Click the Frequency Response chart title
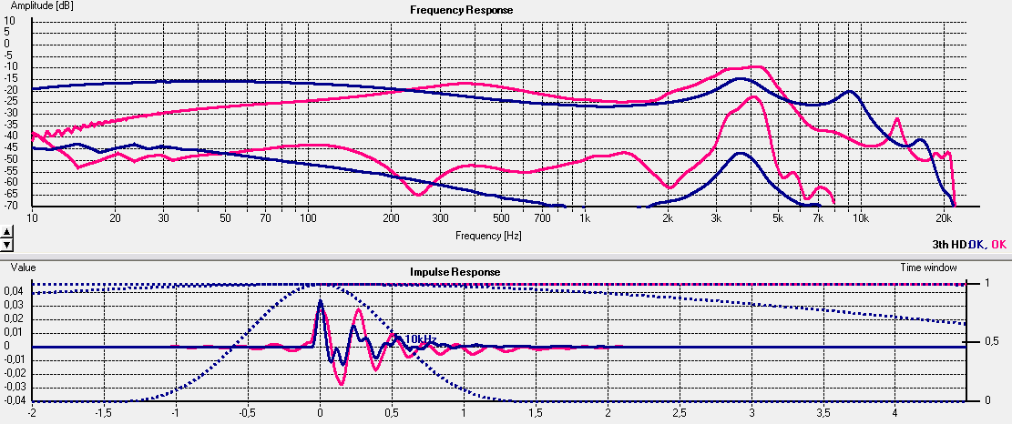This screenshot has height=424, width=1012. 461,10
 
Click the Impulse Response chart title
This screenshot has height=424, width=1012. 455,271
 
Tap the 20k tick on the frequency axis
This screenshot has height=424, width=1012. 945,218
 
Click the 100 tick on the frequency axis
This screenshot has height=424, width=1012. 307,218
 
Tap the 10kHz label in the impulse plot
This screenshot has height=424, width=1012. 420,338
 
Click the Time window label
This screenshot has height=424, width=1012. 927,268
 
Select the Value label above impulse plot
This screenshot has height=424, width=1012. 23,268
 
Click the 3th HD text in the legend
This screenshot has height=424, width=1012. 947,244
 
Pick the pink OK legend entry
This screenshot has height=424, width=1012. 998,244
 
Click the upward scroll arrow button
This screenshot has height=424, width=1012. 7,234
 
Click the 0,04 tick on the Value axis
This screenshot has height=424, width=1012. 15,290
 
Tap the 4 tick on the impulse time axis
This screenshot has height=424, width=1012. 895,412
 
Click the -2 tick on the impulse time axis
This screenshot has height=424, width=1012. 32,412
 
